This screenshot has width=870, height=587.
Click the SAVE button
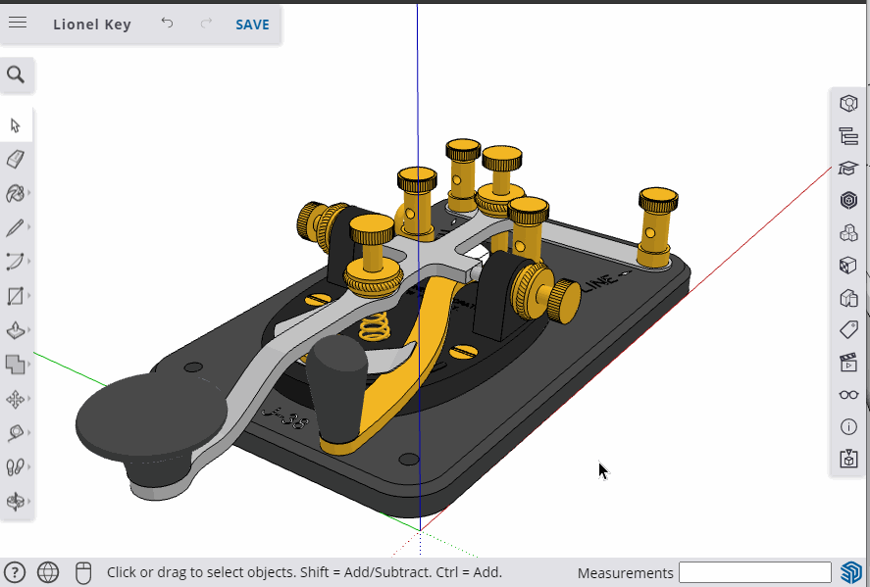click(x=252, y=24)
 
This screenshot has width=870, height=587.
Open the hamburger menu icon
click(x=18, y=24)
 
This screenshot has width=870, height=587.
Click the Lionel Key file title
click(x=92, y=24)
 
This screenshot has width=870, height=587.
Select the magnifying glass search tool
click(x=16, y=74)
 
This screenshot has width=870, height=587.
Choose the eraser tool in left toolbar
click(x=16, y=159)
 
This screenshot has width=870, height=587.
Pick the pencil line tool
click(x=16, y=227)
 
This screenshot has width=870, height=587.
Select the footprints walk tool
click(x=16, y=467)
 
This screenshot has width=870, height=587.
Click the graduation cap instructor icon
click(x=848, y=169)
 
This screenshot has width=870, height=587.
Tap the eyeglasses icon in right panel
click(x=848, y=395)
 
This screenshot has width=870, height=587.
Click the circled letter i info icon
click(x=848, y=427)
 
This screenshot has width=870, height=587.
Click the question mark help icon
click(x=15, y=572)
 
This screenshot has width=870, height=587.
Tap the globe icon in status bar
click(x=47, y=572)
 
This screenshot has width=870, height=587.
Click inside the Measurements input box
click(x=754, y=572)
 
